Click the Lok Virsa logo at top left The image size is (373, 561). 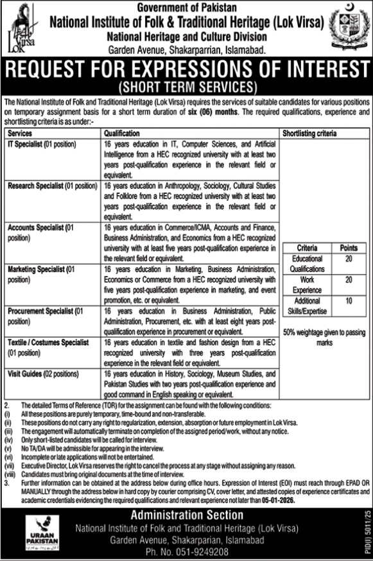23,28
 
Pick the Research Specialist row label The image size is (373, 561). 52,186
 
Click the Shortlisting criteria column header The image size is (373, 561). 309,134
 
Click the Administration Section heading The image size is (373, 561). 186,515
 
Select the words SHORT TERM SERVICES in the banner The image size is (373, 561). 186,86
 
